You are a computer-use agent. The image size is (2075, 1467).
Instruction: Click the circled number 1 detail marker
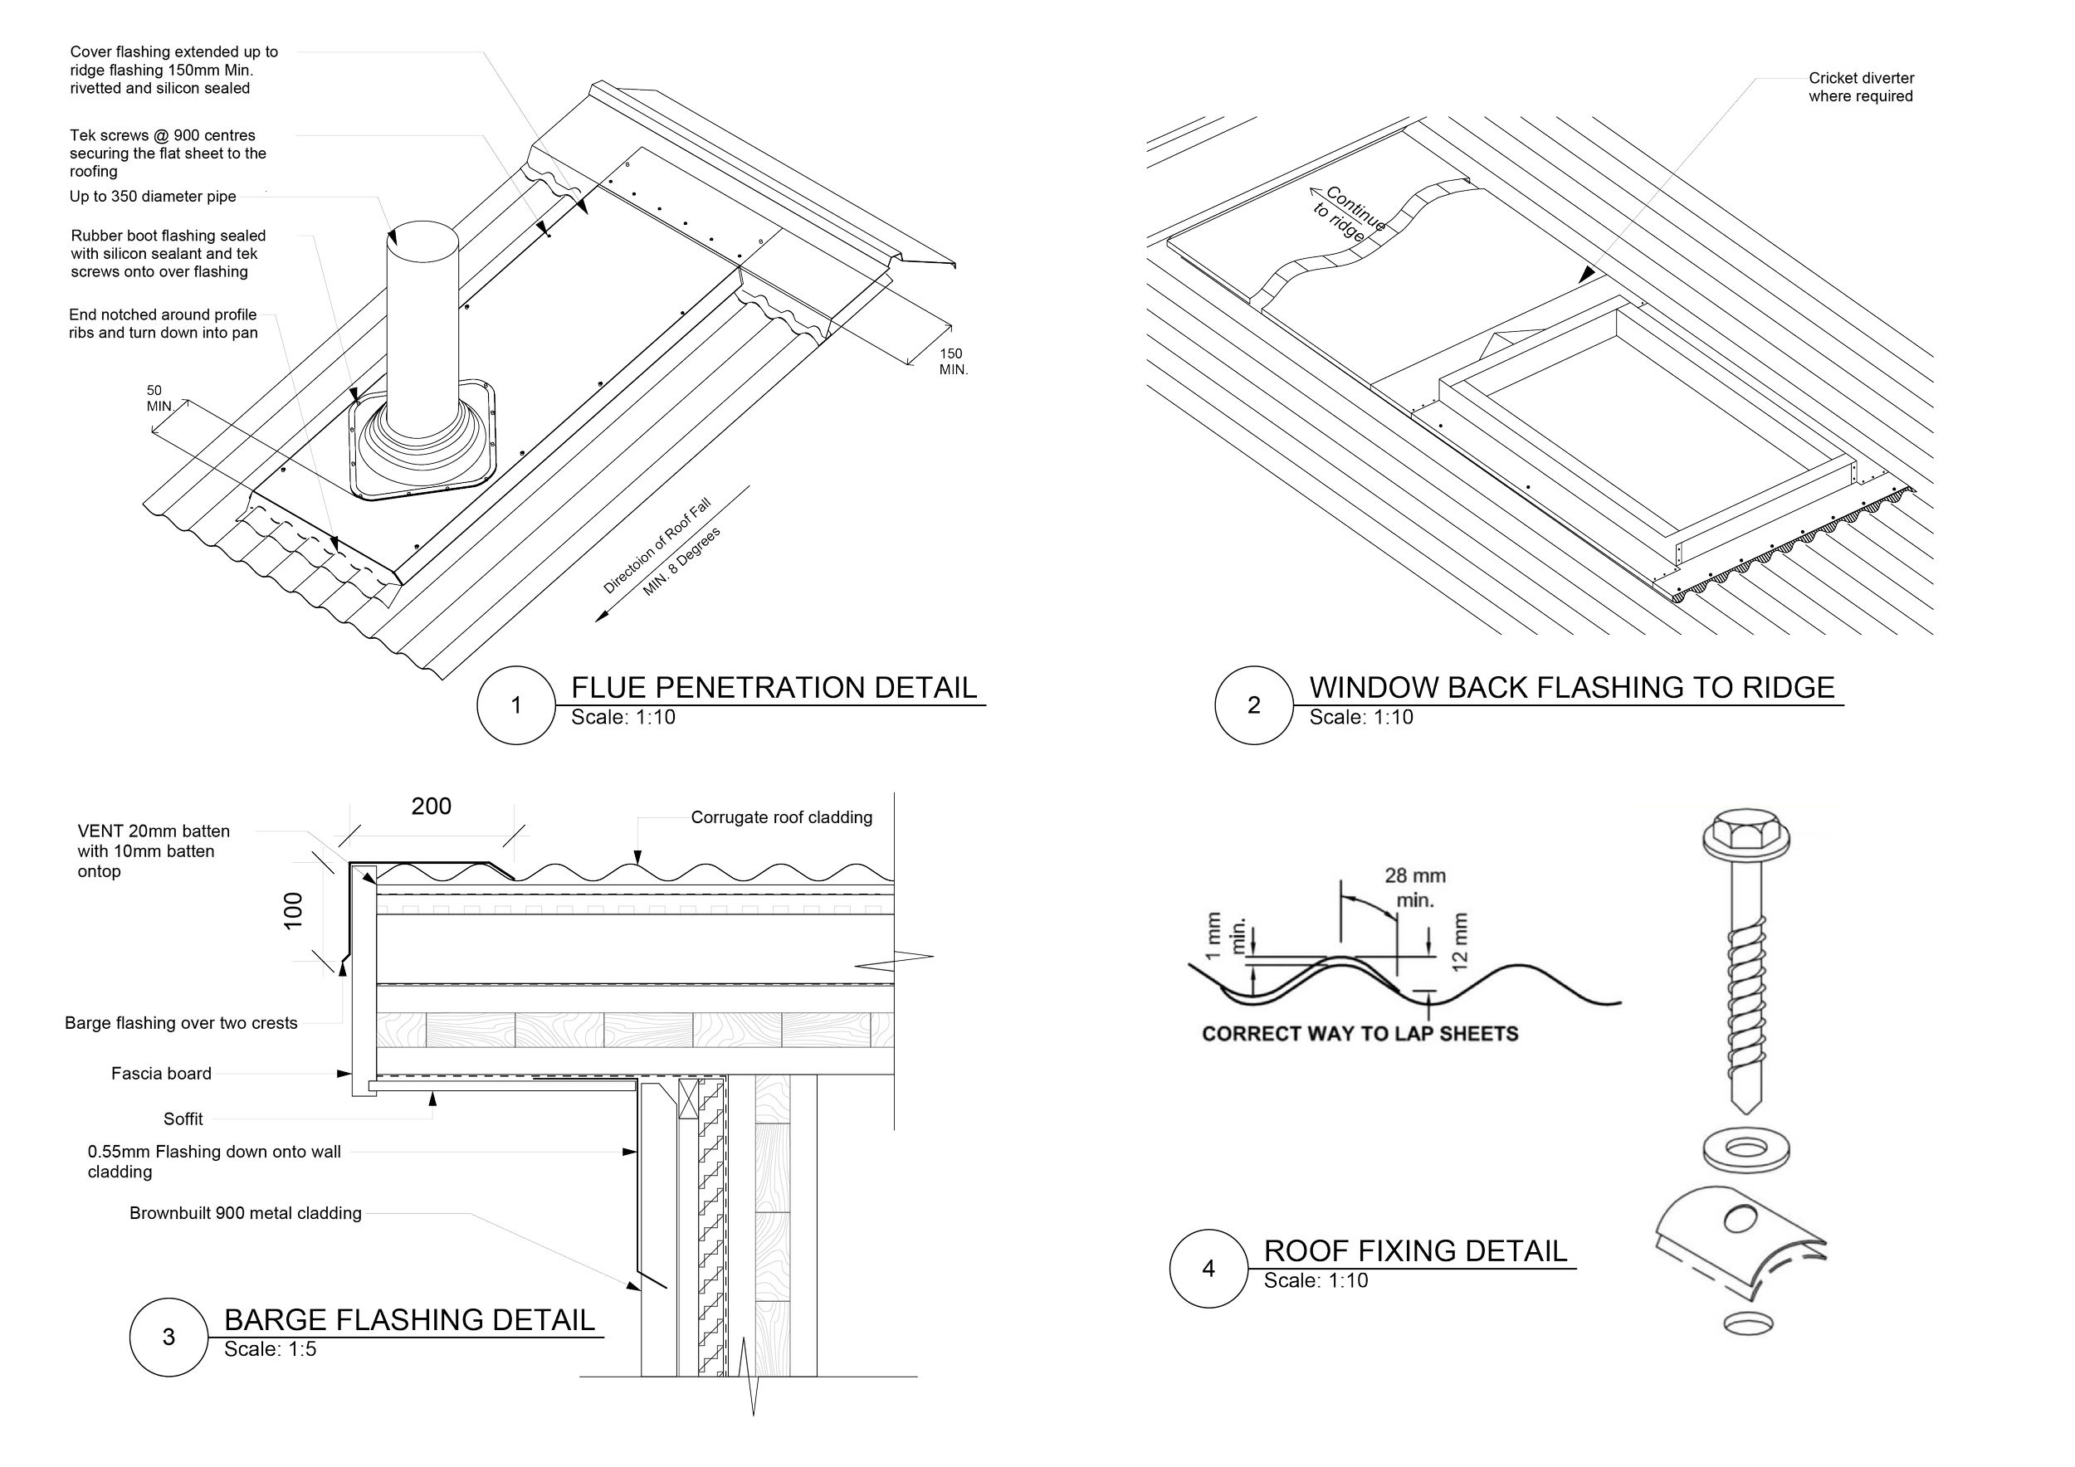point(516,704)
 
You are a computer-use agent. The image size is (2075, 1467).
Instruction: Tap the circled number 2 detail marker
point(1253,704)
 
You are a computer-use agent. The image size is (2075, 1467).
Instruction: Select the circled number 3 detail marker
point(169,1337)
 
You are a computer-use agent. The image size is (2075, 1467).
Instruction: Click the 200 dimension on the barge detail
point(431,806)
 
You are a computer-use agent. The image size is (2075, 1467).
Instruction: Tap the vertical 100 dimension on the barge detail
point(293,911)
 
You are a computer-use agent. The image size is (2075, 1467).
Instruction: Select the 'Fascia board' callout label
point(161,1073)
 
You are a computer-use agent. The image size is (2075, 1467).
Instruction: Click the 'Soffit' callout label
point(183,1119)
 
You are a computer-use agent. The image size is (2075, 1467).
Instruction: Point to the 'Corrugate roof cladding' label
point(782,817)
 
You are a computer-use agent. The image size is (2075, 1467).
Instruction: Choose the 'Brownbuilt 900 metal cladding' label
point(245,1213)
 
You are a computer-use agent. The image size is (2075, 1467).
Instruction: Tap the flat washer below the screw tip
point(1746,1149)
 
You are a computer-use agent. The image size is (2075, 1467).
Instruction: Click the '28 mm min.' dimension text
point(1415,887)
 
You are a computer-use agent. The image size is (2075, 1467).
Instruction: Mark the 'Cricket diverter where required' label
point(1861,87)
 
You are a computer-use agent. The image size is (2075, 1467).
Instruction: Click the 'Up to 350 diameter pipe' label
point(153,196)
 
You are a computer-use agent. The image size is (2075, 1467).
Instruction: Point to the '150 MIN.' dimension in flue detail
point(953,361)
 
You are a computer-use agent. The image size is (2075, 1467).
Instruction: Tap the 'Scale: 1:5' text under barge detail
point(271,1348)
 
